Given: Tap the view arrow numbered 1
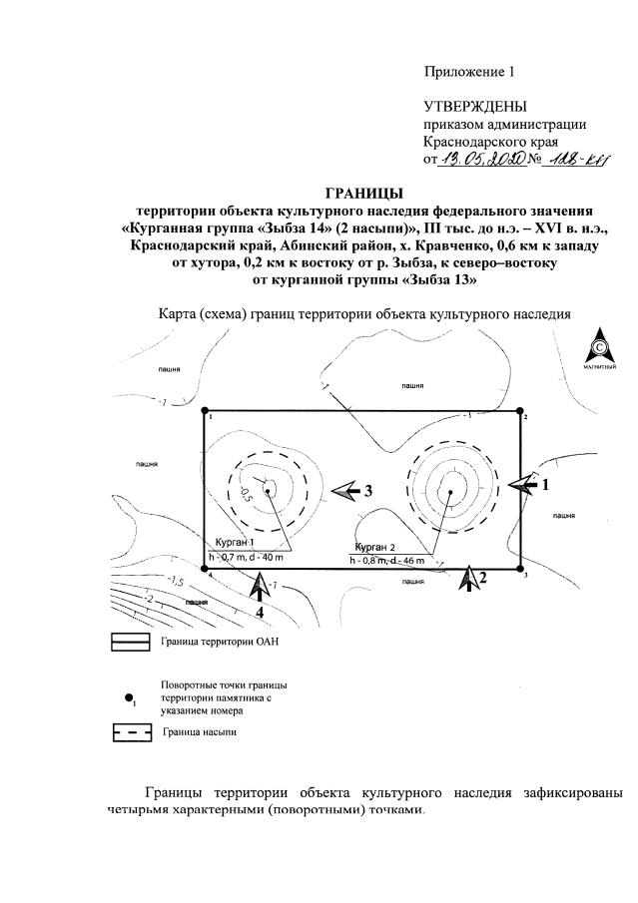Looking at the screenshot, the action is point(521,484).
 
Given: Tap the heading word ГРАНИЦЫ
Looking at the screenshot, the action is point(364,192).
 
